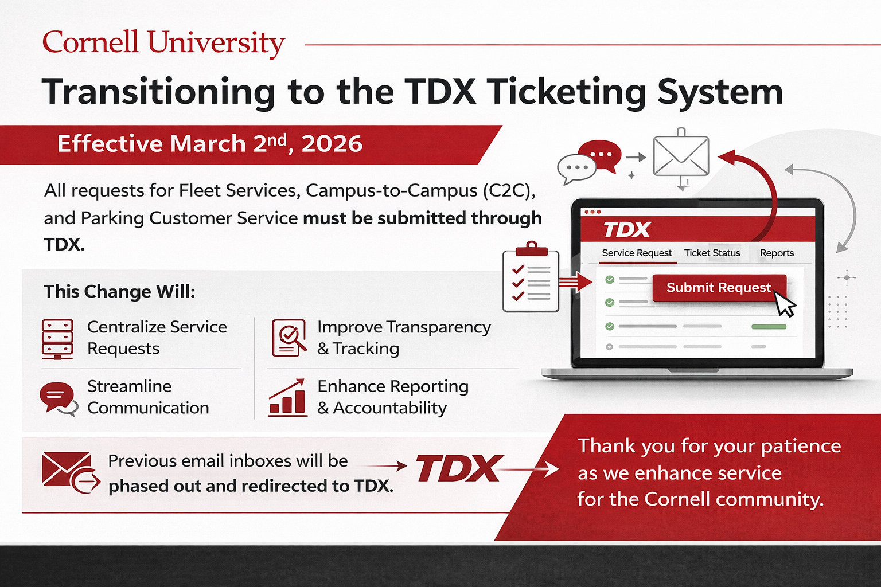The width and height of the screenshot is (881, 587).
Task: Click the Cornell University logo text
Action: click(x=163, y=43)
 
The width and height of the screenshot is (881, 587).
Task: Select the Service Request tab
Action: click(x=637, y=253)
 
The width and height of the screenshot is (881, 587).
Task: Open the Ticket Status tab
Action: click(x=712, y=253)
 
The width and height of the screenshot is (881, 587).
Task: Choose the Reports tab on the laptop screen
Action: click(x=777, y=253)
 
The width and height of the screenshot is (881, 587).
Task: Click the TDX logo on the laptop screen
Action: click(x=627, y=230)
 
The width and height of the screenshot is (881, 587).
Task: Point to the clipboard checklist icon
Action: click(x=531, y=277)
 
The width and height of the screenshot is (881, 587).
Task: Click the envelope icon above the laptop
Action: click(x=681, y=156)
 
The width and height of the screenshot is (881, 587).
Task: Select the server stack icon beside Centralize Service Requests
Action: click(x=57, y=339)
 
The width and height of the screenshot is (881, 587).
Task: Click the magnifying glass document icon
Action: click(x=289, y=338)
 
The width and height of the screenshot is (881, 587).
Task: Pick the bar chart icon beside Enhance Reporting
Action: click(x=287, y=397)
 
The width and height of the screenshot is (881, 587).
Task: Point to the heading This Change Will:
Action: click(x=119, y=292)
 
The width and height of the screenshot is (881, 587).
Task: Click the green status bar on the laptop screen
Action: click(x=769, y=327)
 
